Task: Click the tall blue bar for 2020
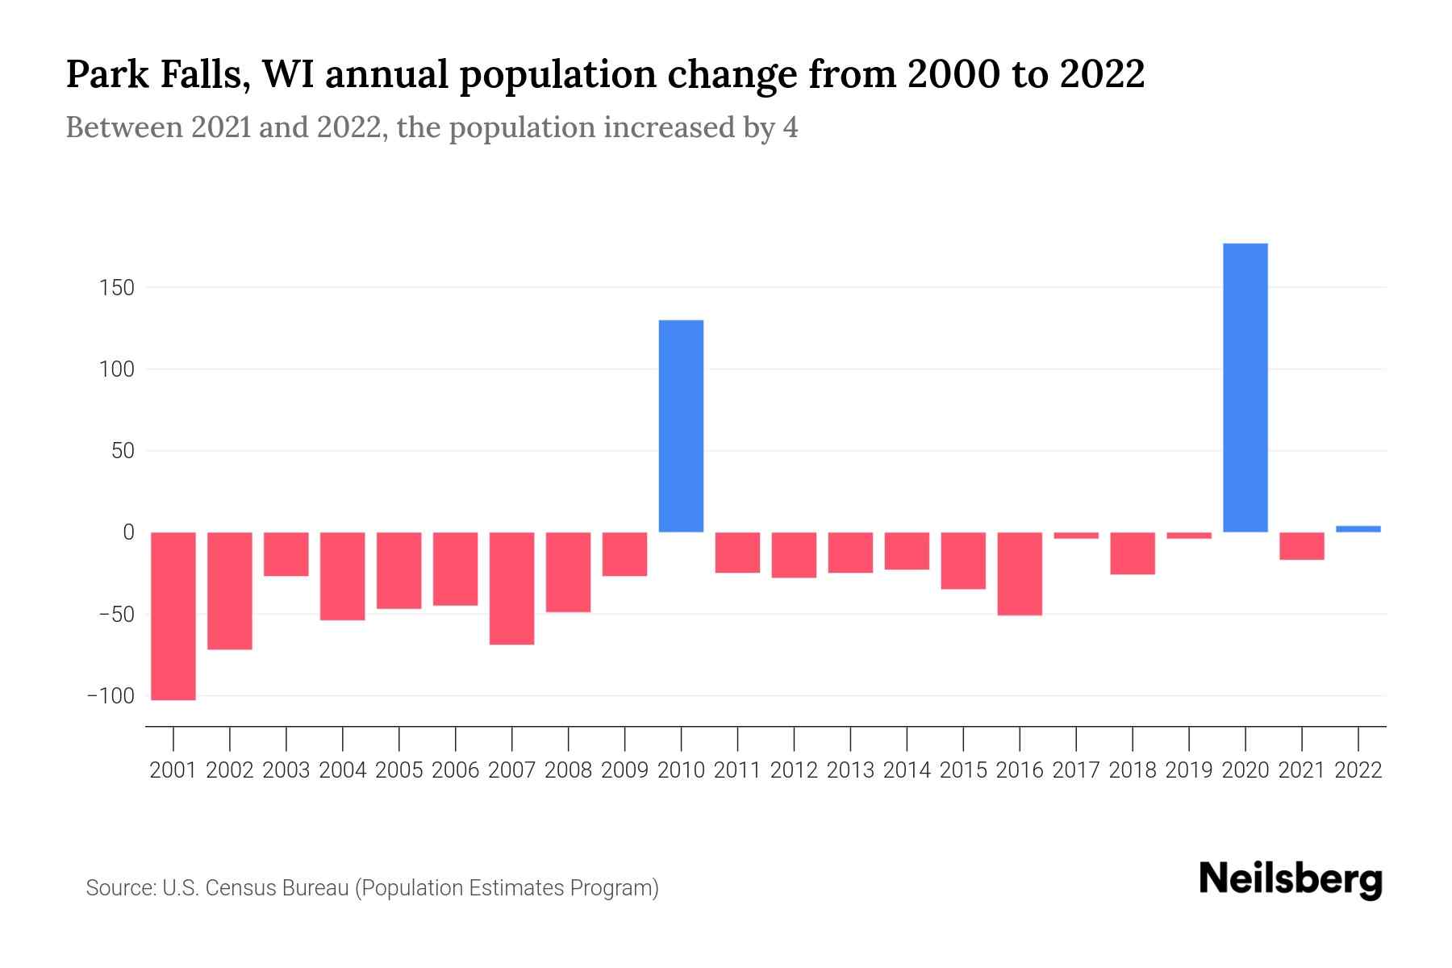click(1245, 387)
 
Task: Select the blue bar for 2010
click(681, 426)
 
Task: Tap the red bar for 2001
click(173, 615)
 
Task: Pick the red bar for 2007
click(511, 588)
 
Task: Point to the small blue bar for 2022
click(1358, 529)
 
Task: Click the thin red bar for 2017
click(1075, 536)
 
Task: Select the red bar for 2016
click(1020, 574)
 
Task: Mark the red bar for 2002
click(230, 590)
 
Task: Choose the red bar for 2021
click(1301, 546)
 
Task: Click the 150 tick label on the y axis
click(117, 288)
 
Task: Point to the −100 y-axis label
click(111, 696)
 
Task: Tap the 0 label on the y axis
click(127, 532)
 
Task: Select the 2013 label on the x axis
click(850, 770)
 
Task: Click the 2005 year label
click(399, 770)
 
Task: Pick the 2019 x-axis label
click(1188, 770)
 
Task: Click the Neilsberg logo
click(1291, 880)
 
